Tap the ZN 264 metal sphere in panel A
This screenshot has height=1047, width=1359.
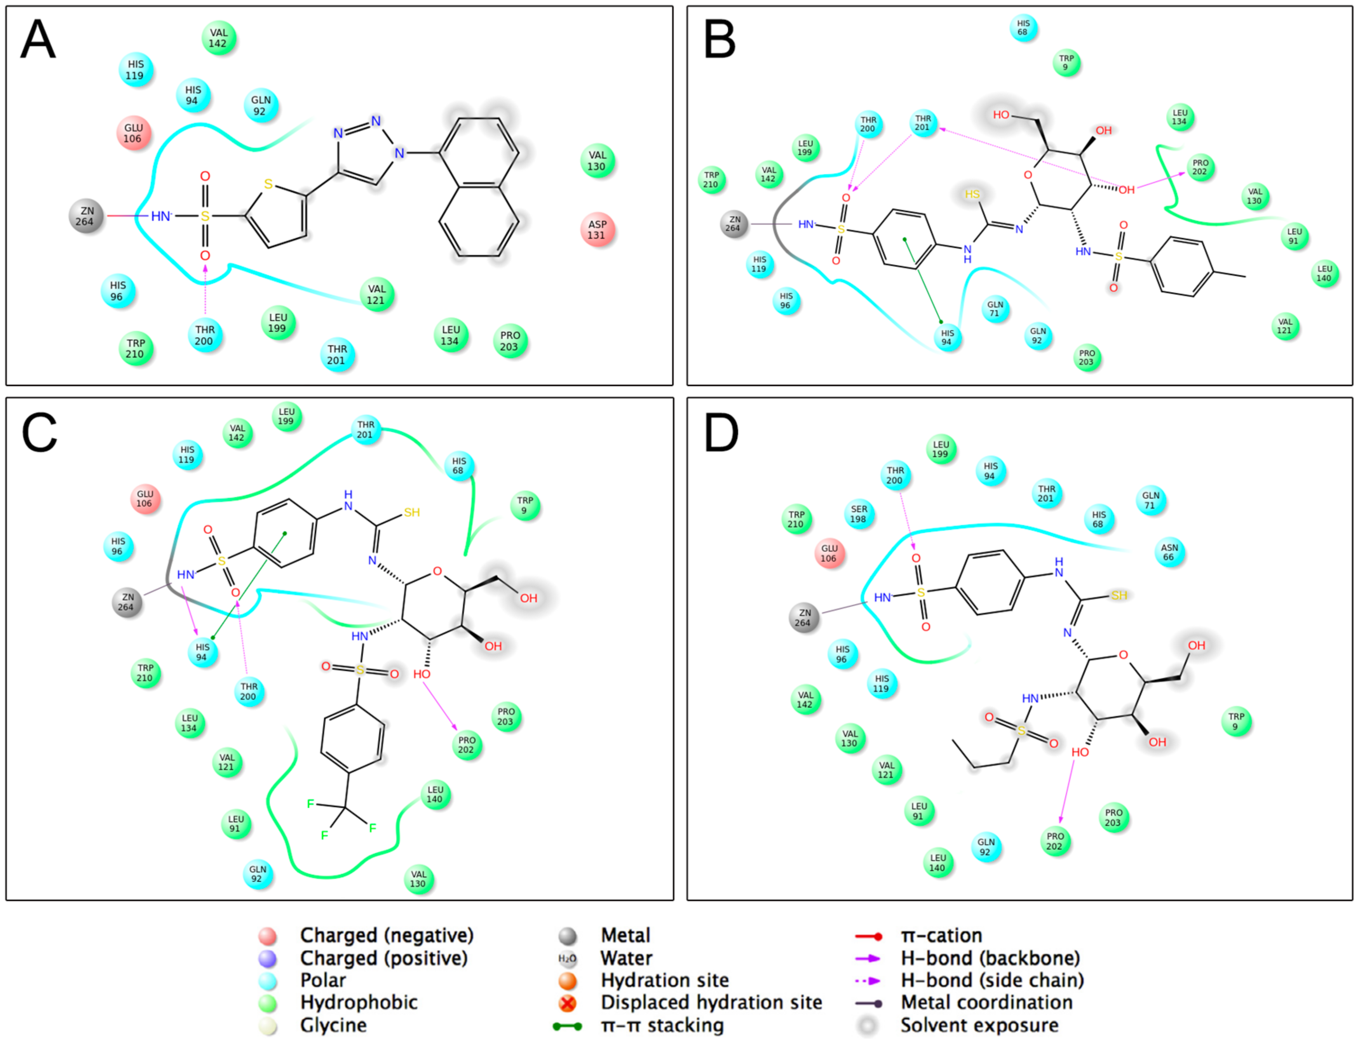[86, 216]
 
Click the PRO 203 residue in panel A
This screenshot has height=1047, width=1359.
[510, 341]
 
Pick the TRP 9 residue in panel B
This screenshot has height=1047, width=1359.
[1066, 63]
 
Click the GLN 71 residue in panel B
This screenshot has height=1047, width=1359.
[995, 309]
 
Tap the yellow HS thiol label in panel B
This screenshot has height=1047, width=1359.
[972, 194]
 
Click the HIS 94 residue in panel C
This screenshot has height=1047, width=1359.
[202, 652]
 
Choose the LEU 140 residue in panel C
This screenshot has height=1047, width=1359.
[435, 795]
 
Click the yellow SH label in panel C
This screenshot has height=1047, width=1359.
[412, 512]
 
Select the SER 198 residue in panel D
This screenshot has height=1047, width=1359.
[859, 514]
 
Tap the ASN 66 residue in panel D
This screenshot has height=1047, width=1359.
[1169, 552]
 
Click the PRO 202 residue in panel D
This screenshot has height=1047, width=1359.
[1055, 841]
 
